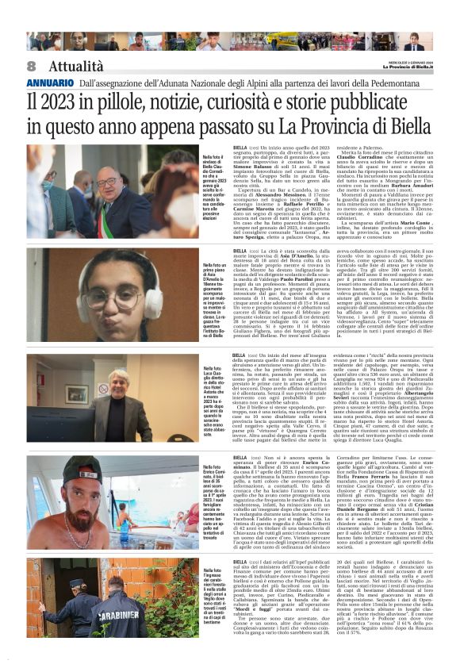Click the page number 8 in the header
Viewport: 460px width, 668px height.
coord(31,66)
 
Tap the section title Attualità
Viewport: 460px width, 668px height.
coord(75,66)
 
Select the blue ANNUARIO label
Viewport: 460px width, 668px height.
coord(49,83)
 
